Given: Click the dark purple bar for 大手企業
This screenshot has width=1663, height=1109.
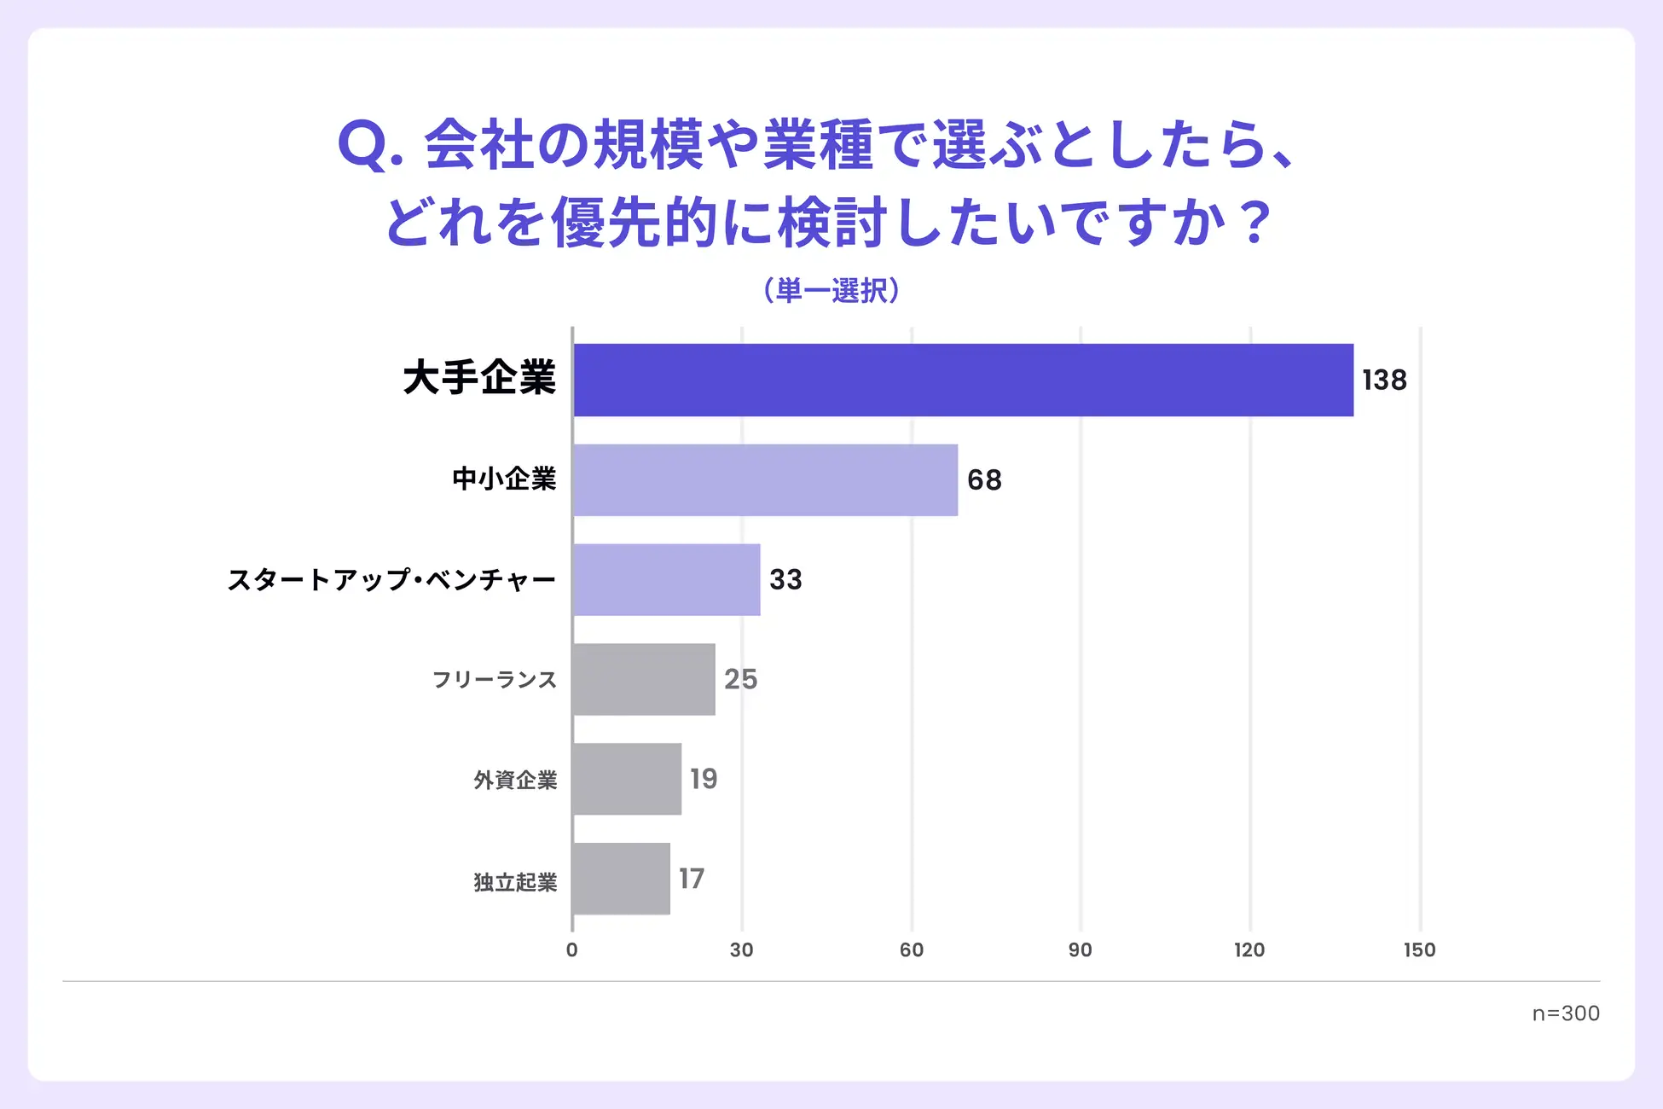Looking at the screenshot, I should click(963, 380).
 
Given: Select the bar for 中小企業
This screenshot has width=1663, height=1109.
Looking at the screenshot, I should click(765, 480).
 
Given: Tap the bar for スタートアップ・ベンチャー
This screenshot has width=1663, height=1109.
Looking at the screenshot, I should click(666, 580).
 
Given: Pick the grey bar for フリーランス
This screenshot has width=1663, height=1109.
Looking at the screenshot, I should click(644, 680).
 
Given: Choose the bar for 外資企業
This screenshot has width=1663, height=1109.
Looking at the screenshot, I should click(627, 779).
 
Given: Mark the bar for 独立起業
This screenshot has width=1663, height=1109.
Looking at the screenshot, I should click(621, 879).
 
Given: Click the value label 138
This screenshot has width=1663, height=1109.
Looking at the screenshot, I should click(1384, 380).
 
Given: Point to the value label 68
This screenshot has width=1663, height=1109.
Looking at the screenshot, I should click(984, 480).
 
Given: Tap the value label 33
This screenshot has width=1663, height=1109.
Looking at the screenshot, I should click(785, 580).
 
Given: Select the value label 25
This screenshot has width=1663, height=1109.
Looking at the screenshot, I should click(740, 680).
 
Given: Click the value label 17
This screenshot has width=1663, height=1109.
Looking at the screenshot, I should click(692, 879).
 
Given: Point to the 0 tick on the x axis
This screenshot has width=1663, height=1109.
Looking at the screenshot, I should click(572, 950).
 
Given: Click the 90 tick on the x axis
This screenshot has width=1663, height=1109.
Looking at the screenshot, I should click(1081, 950).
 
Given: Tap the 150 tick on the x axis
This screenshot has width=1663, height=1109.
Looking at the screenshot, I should click(1420, 950).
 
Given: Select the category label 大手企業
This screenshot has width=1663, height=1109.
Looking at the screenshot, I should click(479, 378).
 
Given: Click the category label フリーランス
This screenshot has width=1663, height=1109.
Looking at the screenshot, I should click(495, 680).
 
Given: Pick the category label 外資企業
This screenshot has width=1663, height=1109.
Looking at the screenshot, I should click(515, 780).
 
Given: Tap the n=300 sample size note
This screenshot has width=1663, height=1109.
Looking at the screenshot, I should click(1566, 1013).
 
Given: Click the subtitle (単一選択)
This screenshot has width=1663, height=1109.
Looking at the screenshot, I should click(831, 291).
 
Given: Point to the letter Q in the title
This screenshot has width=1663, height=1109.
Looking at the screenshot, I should click(363, 145).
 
